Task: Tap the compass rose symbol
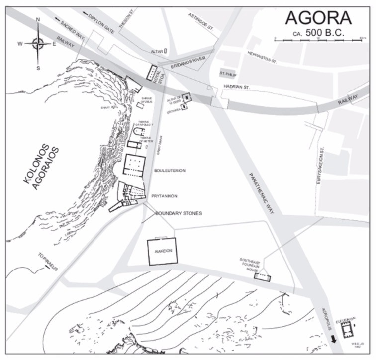pos(38,43)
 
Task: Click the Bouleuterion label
pos(170,170)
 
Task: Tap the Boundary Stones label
pos(179,213)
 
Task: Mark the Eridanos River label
pos(183,65)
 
